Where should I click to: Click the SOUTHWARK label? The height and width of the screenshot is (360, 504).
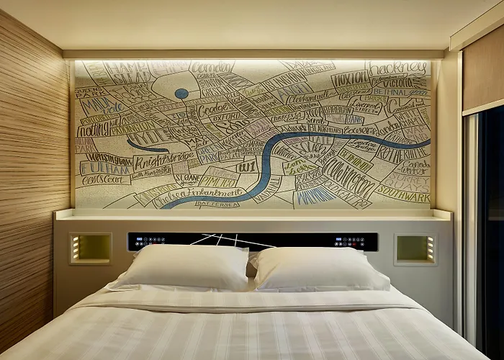pos(403,194)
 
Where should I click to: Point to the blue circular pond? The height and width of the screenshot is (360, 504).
pos(181,94)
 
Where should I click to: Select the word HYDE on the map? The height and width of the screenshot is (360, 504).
pos(147,137)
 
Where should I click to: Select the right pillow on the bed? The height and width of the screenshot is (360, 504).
pos(320,268)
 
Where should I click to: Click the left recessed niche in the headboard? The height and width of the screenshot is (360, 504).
pos(90,248)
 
